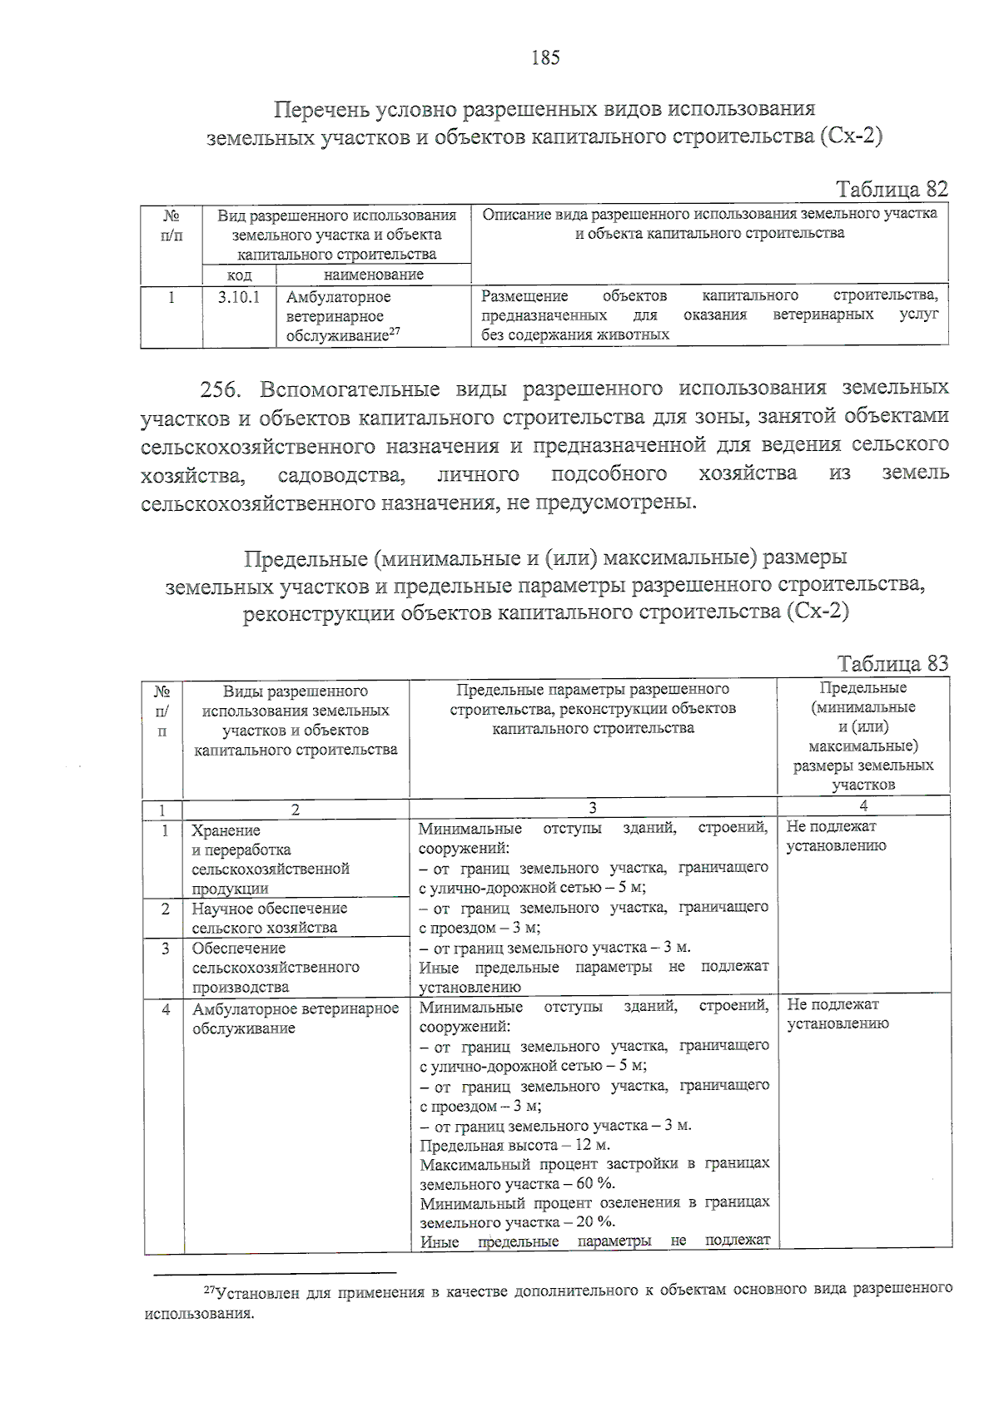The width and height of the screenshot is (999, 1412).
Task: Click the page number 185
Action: (x=545, y=57)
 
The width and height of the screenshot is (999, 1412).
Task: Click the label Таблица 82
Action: (x=892, y=189)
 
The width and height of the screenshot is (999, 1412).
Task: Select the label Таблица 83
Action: (x=892, y=663)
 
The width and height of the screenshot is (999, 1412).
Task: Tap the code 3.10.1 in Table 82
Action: (x=239, y=297)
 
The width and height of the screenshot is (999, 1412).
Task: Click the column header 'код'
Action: (x=239, y=275)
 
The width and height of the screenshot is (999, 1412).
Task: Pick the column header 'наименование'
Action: (x=373, y=275)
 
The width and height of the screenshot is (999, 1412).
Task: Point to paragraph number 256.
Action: (x=220, y=389)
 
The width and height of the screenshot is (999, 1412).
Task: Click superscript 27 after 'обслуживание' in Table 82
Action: (x=395, y=331)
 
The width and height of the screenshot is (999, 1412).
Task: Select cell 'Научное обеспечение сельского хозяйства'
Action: (x=269, y=918)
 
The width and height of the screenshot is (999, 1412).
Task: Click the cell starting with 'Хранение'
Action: (x=270, y=859)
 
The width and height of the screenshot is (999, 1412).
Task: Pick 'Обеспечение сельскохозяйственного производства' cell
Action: (x=275, y=967)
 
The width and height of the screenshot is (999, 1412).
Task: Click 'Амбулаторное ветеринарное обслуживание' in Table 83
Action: (x=295, y=1018)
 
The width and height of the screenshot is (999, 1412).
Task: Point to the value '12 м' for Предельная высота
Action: (x=592, y=1145)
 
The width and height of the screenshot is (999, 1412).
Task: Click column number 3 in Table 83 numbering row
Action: (x=592, y=807)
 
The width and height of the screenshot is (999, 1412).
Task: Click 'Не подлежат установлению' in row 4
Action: (x=837, y=1013)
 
